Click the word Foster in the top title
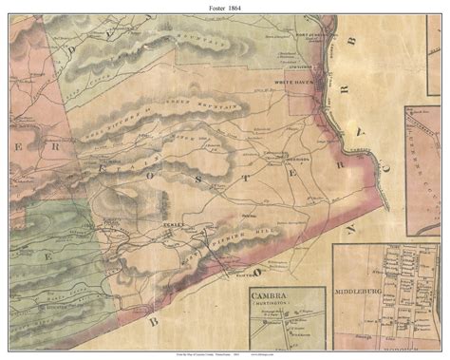point(213,9)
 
